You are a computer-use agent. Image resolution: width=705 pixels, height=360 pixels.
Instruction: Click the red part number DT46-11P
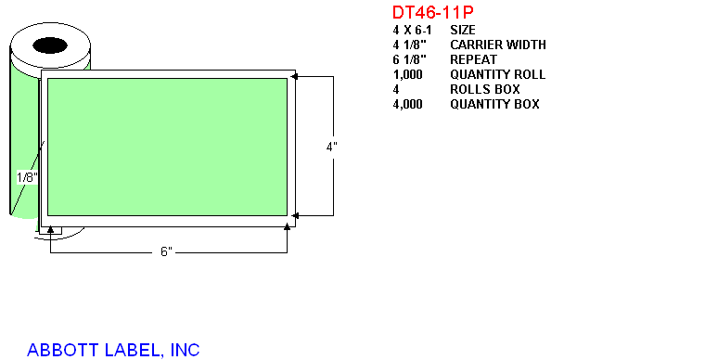pos(432,12)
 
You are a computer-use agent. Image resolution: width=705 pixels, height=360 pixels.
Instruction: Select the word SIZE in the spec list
pos(463,30)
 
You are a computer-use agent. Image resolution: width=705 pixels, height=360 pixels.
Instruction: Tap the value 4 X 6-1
pos(412,30)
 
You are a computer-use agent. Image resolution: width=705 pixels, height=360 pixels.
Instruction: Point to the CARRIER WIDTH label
pos(498,45)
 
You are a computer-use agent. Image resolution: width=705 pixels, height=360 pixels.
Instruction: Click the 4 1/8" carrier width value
pos(409,45)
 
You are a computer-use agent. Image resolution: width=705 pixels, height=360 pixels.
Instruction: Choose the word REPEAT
pos(473,59)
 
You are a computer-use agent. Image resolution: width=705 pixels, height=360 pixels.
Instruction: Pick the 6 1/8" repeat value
pos(409,59)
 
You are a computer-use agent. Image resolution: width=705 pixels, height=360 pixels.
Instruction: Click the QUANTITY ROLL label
pos(498,74)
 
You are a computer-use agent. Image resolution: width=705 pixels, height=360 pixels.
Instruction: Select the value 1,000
pos(407,74)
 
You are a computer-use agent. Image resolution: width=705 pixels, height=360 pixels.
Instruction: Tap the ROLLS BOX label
pos(484,89)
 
